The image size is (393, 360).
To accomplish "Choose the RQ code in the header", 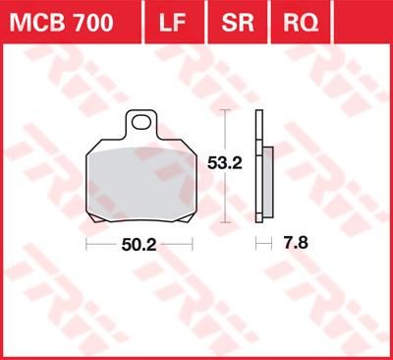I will tap(293, 21).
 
